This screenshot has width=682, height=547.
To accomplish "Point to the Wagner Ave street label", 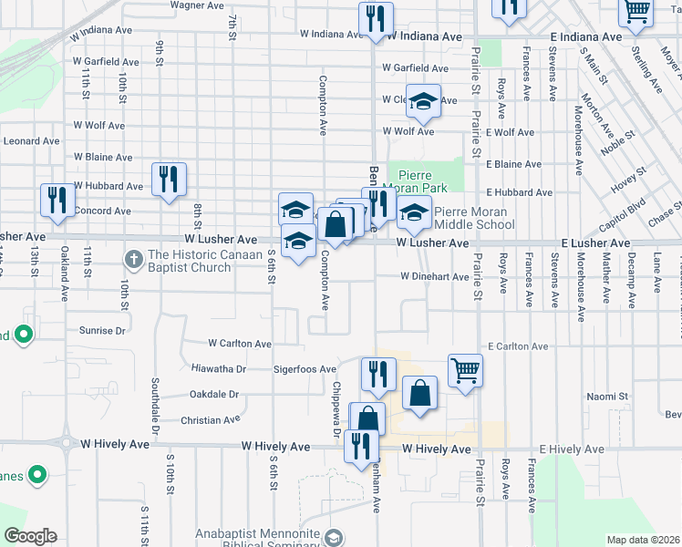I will pyautogui.click(x=197, y=5).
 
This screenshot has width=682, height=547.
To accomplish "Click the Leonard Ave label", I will pyautogui.click(x=31, y=141).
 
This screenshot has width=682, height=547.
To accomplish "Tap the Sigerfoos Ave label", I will pyautogui.click(x=305, y=370).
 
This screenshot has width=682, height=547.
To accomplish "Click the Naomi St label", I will pyautogui.click(x=608, y=397).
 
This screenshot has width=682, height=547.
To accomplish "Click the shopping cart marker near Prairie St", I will pyautogui.click(x=465, y=370).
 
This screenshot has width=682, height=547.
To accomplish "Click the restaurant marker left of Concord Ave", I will pyautogui.click(x=57, y=201).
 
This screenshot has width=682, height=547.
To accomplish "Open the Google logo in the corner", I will pyautogui.click(x=30, y=536).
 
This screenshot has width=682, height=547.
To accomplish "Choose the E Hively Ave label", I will pyautogui.click(x=572, y=450).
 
